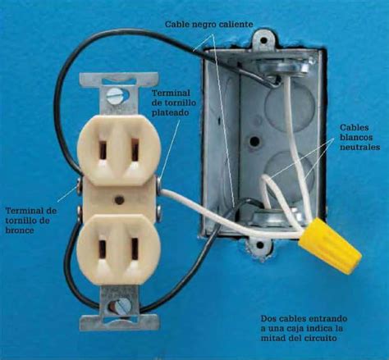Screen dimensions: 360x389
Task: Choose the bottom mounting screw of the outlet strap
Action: [119, 306]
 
